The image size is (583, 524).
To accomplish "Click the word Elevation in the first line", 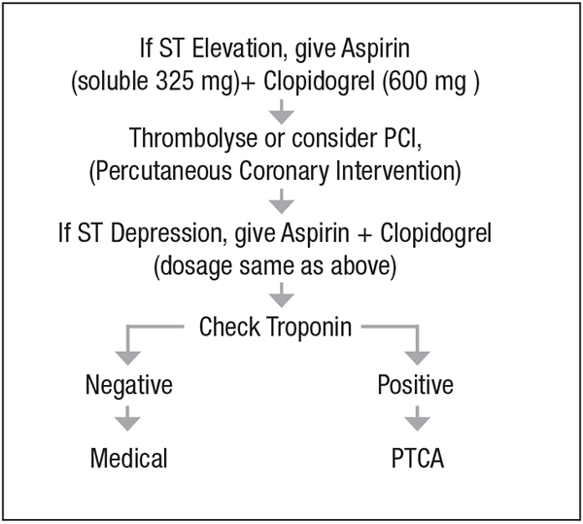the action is (239, 49).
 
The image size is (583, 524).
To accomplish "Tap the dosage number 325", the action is (174, 81).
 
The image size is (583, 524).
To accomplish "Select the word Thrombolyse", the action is (193, 138).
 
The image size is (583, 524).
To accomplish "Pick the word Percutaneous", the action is (161, 171).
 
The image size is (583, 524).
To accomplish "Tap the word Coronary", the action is (284, 172).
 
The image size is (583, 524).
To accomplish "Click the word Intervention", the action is (395, 171).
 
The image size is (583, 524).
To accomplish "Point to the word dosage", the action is (197, 267).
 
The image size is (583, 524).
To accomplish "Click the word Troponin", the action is (309, 328).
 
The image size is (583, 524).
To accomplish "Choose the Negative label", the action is (129, 385).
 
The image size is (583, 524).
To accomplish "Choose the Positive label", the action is (415, 384).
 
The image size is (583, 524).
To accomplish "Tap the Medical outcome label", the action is (128, 458).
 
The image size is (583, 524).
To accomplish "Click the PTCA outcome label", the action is (418, 458).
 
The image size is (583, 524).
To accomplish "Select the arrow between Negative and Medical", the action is (127, 419).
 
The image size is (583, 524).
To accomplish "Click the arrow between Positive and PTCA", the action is (417, 419).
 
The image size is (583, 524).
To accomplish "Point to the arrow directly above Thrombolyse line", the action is (282, 112).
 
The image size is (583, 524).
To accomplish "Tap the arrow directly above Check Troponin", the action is (282, 295).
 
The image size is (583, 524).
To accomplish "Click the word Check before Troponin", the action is (229, 327).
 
